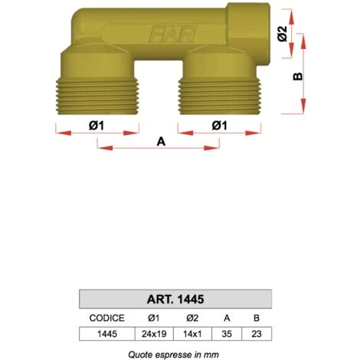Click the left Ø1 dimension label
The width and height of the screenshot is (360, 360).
point(96,124)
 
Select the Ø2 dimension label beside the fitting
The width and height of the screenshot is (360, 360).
point(283,34)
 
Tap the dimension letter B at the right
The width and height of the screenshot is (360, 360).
point(299,77)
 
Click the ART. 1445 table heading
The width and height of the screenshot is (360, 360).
point(175,299)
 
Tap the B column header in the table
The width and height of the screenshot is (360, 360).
point(256,317)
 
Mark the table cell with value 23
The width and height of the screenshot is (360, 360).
point(256,334)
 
